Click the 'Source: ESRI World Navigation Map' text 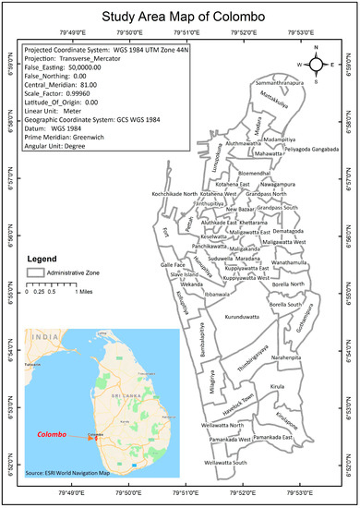(x=68, y=473)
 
